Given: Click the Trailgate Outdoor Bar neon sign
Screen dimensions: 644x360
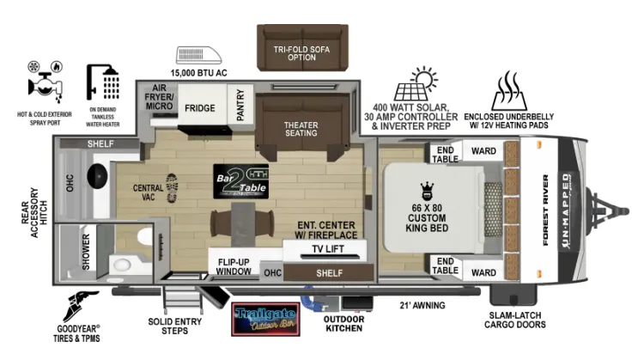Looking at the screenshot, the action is [x=265, y=320].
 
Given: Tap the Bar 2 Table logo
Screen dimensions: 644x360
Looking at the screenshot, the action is [x=241, y=181].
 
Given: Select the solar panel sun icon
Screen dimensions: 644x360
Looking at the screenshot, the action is [x=416, y=83].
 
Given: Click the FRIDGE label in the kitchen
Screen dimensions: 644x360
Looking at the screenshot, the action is [x=200, y=108].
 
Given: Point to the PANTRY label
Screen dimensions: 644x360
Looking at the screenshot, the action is [x=240, y=106].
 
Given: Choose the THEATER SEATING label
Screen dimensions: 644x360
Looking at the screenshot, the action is [x=301, y=129].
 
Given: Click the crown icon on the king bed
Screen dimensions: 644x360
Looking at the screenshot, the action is [x=427, y=191].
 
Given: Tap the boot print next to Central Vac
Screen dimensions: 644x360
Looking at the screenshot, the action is [x=172, y=188].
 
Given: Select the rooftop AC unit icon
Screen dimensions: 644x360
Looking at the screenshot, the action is [x=199, y=56].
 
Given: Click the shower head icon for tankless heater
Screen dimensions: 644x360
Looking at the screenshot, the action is [x=103, y=82].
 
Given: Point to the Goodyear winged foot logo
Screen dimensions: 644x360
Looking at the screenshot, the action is [x=81, y=306].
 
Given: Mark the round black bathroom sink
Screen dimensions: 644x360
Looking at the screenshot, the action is [x=97, y=176].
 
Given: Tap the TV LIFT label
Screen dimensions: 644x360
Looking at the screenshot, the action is [x=328, y=248].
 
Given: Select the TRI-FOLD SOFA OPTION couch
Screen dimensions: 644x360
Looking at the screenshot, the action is [x=303, y=47].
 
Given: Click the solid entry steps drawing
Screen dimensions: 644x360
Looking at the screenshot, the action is [x=183, y=299].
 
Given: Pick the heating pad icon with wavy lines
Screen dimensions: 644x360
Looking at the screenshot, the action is [x=509, y=90].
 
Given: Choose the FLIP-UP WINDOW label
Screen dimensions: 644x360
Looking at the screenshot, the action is [x=234, y=266].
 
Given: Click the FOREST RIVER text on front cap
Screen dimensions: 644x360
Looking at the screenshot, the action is [x=545, y=211].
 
